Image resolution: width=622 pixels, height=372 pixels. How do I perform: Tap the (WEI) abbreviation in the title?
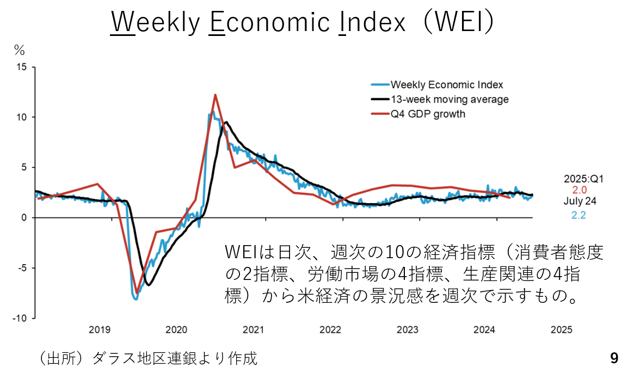tap(460, 22)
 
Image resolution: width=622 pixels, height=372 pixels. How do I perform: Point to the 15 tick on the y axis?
tap(21, 67)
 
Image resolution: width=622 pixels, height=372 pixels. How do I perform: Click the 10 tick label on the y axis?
tap(21, 117)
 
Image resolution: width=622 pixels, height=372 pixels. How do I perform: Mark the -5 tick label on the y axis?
tap(21, 268)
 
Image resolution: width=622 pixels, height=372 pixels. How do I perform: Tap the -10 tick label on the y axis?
tap(20, 318)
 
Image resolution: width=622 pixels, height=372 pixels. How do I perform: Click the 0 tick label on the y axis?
tap(24, 218)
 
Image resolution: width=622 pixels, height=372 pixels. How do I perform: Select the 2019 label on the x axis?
tap(100, 330)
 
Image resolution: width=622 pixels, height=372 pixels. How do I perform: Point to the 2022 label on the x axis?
tap(330, 330)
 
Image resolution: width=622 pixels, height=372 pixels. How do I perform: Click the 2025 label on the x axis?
tap(561, 330)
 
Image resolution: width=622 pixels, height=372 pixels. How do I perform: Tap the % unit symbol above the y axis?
tap(20, 51)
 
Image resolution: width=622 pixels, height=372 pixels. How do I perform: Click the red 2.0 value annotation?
tap(579, 190)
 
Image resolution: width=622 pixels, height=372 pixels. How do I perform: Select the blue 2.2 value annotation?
tap(579, 215)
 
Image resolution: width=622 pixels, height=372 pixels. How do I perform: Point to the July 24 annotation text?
tap(580, 202)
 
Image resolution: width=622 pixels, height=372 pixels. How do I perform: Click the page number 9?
tap(614, 358)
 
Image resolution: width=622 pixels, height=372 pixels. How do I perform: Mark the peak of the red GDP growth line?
tap(215, 95)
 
